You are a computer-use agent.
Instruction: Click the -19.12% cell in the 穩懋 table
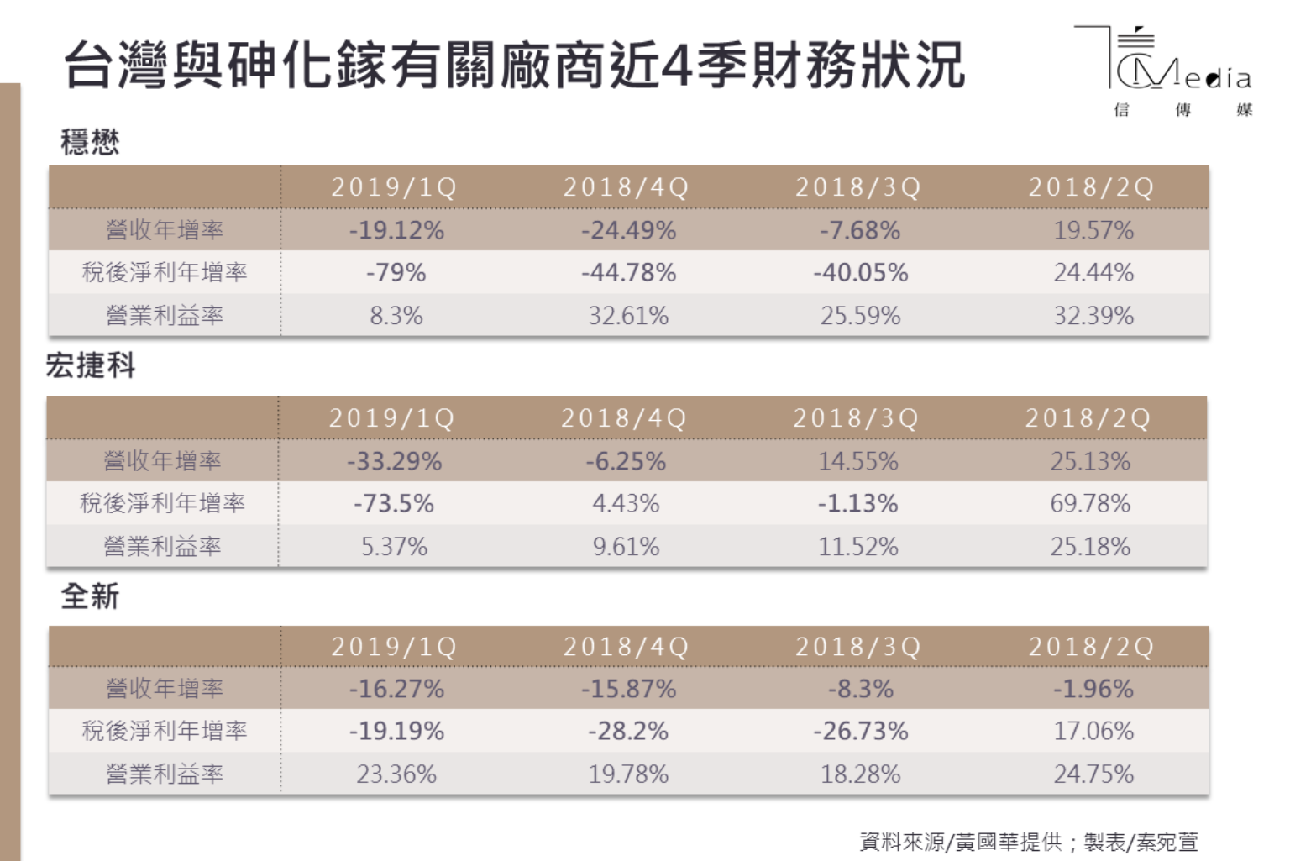click(396, 230)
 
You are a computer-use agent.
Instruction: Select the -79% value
click(396, 272)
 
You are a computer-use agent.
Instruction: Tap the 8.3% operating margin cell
click(396, 316)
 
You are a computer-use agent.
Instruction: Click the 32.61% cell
click(628, 316)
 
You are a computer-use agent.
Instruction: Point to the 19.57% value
click(1093, 230)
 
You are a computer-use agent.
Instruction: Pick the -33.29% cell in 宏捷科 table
click(394, 461)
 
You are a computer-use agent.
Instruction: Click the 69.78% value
click(1090, 503)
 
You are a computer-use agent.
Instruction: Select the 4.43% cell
click(626, 503)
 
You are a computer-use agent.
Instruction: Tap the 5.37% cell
click(394, 547)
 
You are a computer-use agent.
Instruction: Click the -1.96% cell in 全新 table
click(1093, 689)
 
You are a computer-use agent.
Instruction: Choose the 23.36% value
click(396, 774)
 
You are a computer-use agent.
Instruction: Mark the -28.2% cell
click(628, 731)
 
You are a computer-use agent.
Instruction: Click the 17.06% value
click(1093, 731)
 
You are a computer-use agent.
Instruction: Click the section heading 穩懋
click(90, 141)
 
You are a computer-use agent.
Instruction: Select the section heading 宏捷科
click(91, 365)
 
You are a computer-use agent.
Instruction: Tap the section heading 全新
click(90, 596)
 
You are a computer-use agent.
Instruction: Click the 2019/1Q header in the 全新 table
click(394, 647)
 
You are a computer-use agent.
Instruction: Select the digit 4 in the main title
click(674, 66)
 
